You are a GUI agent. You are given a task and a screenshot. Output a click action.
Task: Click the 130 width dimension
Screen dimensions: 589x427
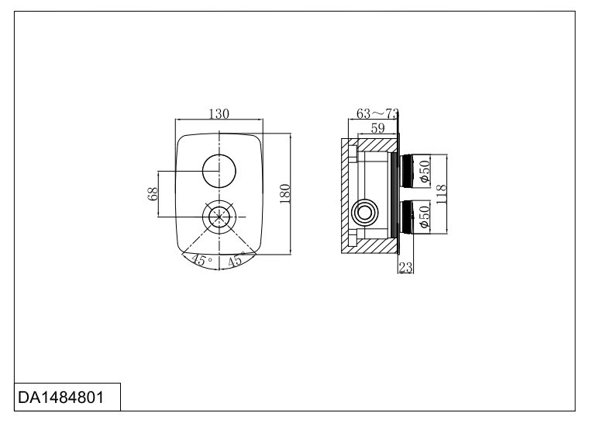pyautogui.click(x=219, y=113)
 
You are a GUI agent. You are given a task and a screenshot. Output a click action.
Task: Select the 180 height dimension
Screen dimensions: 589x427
pyautogui.click(x=285, y=194)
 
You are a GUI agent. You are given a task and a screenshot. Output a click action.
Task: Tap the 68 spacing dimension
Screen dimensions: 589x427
pyautogui.click(x=153, y=194)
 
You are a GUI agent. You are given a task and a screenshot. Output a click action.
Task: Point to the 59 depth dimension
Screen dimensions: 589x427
pyautogui.click(x=378, y=128)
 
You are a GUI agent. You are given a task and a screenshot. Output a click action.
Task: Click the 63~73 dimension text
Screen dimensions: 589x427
pyautogui.click(x=377, y=113)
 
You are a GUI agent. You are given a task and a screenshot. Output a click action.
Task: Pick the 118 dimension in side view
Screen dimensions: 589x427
pyautogui.click(x=441, y=194)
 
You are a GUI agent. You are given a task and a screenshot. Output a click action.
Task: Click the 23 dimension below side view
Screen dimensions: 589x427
pyautogui.click(x=405, y=268)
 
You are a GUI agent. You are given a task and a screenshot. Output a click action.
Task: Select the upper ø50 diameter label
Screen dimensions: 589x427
pyautogui.click(x=425, y=172)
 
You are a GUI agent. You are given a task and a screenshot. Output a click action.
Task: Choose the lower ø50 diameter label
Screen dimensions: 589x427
pyautogui.click(x=425, y=217)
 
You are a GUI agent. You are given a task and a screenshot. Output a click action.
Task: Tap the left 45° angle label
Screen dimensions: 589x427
pyautogui.click(x=201, y=259)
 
